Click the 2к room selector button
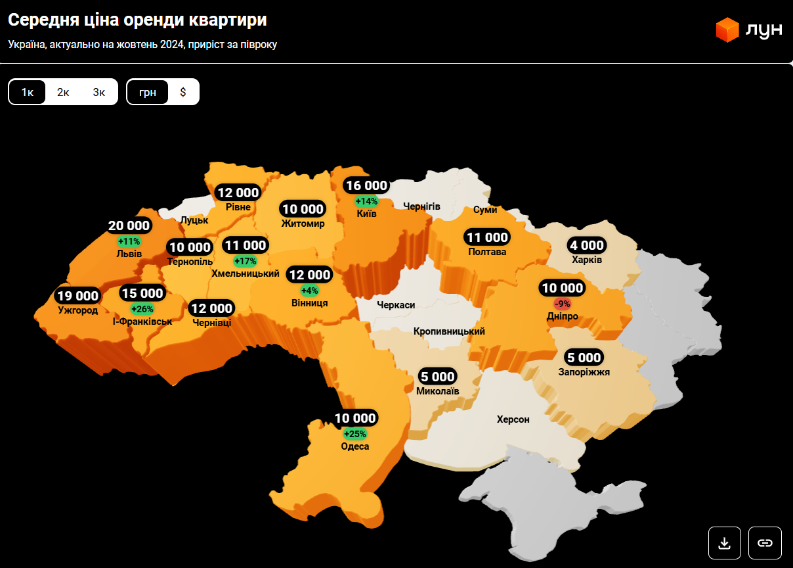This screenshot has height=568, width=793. [x=63, y=92]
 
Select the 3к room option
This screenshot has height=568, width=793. [x=98, y=92]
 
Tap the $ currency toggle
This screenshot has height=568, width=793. [x=183, y=92]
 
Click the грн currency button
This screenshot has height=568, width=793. [x=148, y=92]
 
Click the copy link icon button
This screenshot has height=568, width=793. [x=765, y=543]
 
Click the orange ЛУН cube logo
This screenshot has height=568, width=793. [x=727, y=30]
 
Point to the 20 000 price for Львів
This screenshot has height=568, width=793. [x=129, y=226]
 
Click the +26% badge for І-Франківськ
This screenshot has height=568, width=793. [x=142, y=309]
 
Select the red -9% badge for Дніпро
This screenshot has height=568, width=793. [x=563, y=304]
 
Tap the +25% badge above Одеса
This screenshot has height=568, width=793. [x=355, y=434]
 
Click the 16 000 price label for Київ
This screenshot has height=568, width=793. [x=367, y=186]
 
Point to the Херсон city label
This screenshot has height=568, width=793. [x=513, y=419]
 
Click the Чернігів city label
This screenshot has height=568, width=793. [x=421, y=206]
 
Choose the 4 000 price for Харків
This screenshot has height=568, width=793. [x=587, y=246]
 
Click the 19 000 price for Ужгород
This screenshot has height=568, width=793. [x=77, y=296]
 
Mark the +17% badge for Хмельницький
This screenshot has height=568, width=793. [x=245, y=261]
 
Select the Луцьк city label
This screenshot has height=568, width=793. [x=194, y=220]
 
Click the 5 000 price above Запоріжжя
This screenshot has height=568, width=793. [x=584, y=358]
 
